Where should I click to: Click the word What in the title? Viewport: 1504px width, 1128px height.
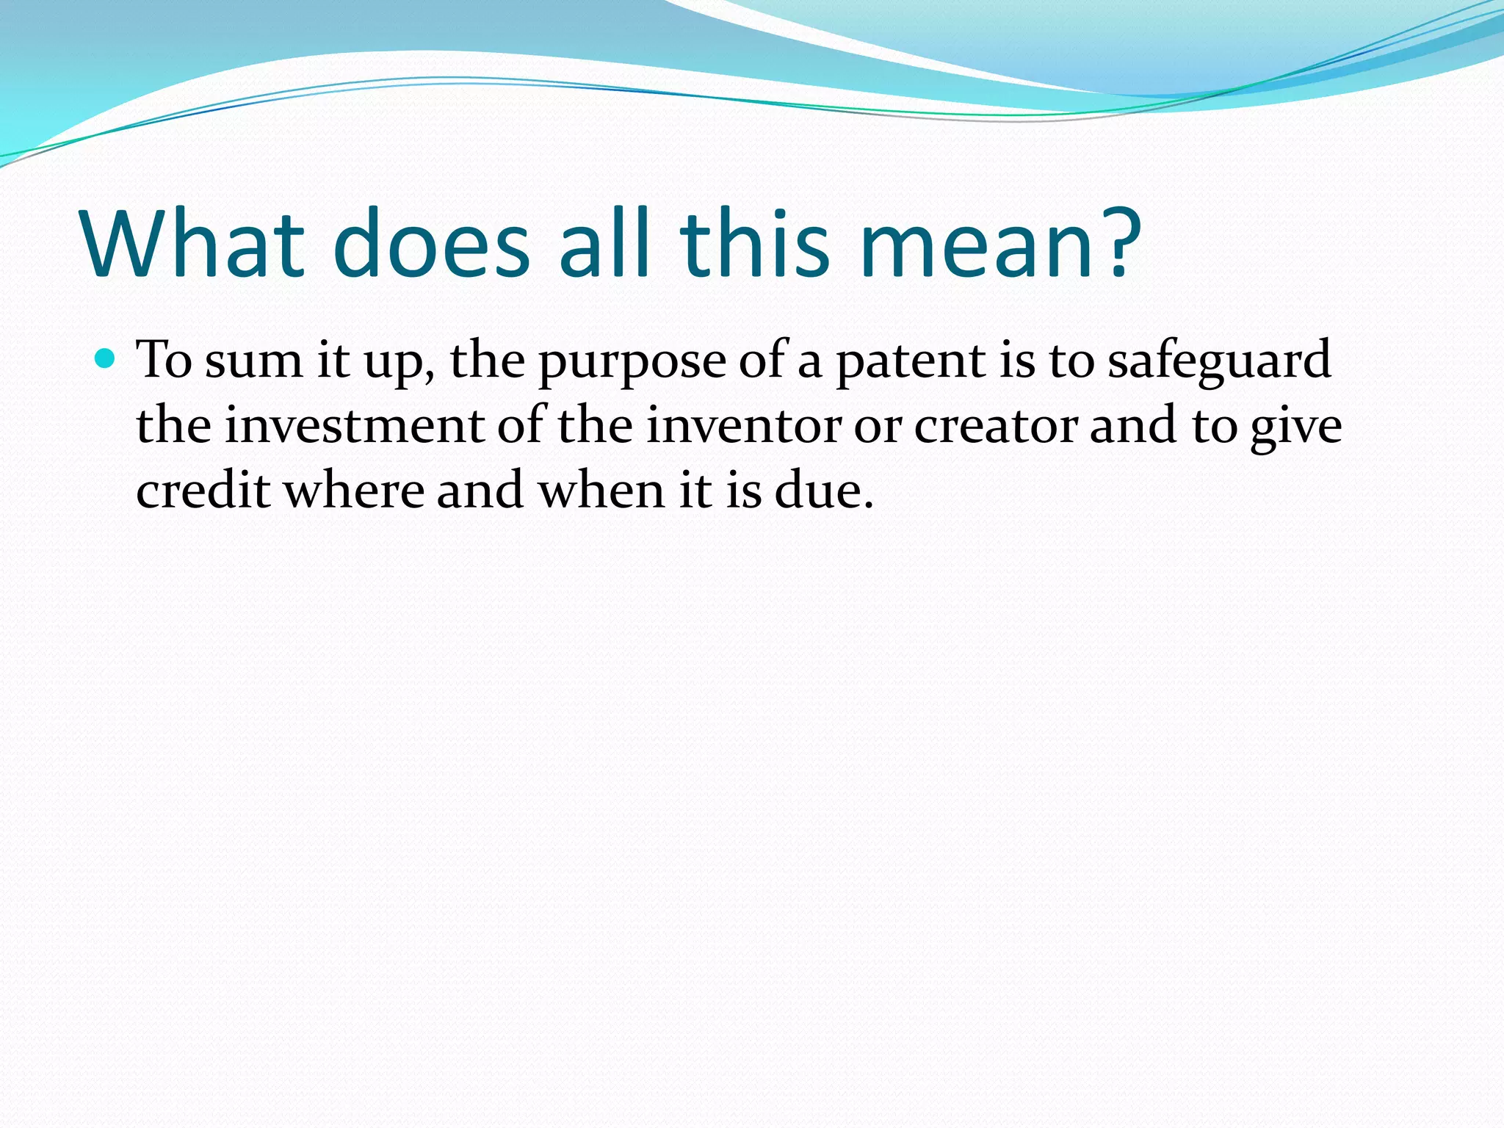[x=192, y=244]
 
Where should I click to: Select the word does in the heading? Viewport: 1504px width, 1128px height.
[x=430, y=244]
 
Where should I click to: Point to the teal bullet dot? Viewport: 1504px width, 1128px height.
[x=106, y=359]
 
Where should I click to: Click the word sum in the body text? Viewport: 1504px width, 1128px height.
[x=253, y=361]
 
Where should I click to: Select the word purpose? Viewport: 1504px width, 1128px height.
[x=632, y=361]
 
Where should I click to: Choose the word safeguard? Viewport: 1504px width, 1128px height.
[x=1219, y=361]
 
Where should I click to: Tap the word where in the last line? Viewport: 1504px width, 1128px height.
[x=354, y=490]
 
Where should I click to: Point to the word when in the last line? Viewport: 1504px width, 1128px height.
[x=601, y=490]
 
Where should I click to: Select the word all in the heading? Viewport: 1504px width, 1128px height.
[x=604, y=244]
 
